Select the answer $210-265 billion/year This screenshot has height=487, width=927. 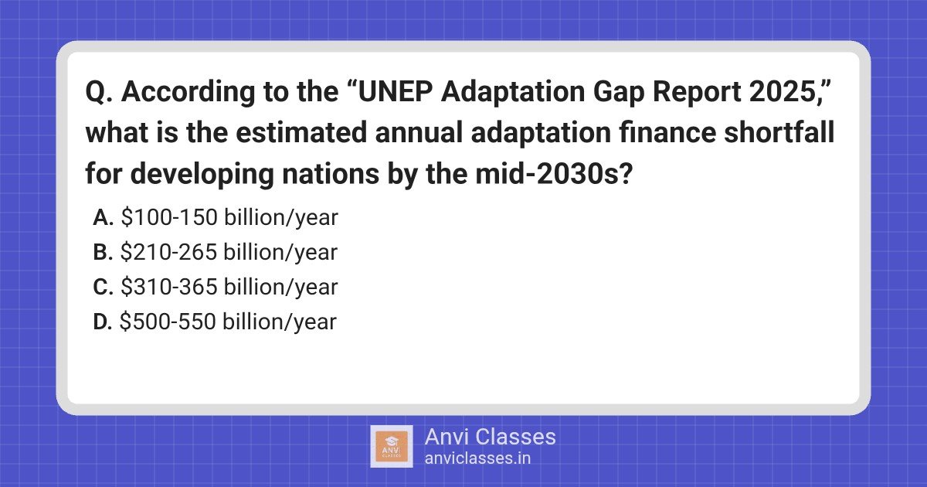[x=229, y=253]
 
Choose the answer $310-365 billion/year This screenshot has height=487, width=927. [x=229, y=288]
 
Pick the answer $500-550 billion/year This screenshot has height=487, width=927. [x=229, y=322]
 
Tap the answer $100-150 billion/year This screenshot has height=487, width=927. [x=229, y=218]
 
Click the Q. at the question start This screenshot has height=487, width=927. [x=100, y=93]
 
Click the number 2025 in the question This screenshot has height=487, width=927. [x=797, y=93]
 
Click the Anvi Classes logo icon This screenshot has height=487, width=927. [x=392, y=447]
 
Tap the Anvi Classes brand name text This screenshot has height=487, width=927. [x=490, y=437]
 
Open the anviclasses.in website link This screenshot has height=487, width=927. [x=477, y=458]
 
